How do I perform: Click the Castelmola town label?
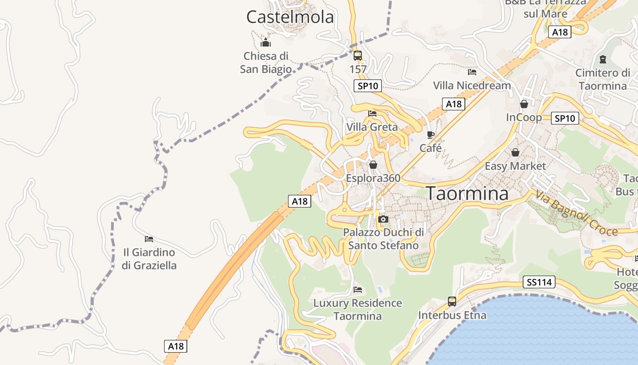290,17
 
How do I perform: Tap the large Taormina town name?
467,193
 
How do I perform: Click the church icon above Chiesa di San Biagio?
266,43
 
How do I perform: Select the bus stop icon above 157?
358,56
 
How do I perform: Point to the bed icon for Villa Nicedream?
472,72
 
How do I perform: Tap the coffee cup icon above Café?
430,135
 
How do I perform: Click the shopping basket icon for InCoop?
524,104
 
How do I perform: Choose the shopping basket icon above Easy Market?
515,152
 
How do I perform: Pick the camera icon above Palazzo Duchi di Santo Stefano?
383,219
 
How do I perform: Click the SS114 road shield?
539,282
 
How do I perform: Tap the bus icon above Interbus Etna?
452,302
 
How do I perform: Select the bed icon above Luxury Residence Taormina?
358,290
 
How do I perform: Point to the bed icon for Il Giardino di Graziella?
149,239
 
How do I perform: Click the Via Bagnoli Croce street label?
576,213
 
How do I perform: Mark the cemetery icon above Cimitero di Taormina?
603,59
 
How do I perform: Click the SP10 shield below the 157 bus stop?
367,86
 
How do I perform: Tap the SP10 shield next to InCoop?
565,118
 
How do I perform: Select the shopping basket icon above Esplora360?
373,165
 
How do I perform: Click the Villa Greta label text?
372,127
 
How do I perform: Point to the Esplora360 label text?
373,178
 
